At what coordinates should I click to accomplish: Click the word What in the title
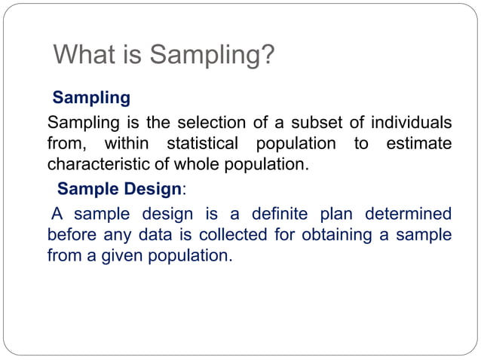(83, 55)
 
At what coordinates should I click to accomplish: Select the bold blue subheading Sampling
(90, 98)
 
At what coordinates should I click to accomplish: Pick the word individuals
(406, 122)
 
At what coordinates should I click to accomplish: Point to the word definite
(283, 214)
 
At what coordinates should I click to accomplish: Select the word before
(72, 235)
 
